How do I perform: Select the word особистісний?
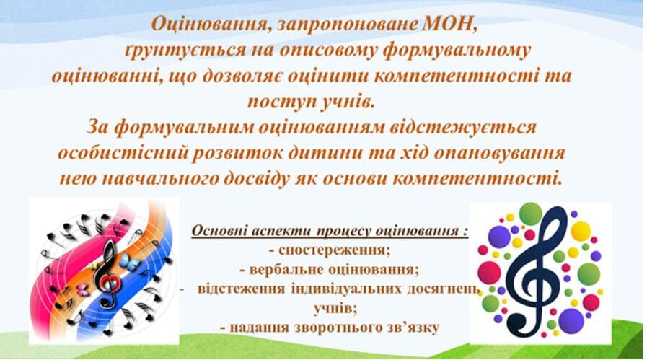pyautogui.click(x=125, y=153)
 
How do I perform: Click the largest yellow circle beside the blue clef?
pyautogui.click(x=581, y=231)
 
